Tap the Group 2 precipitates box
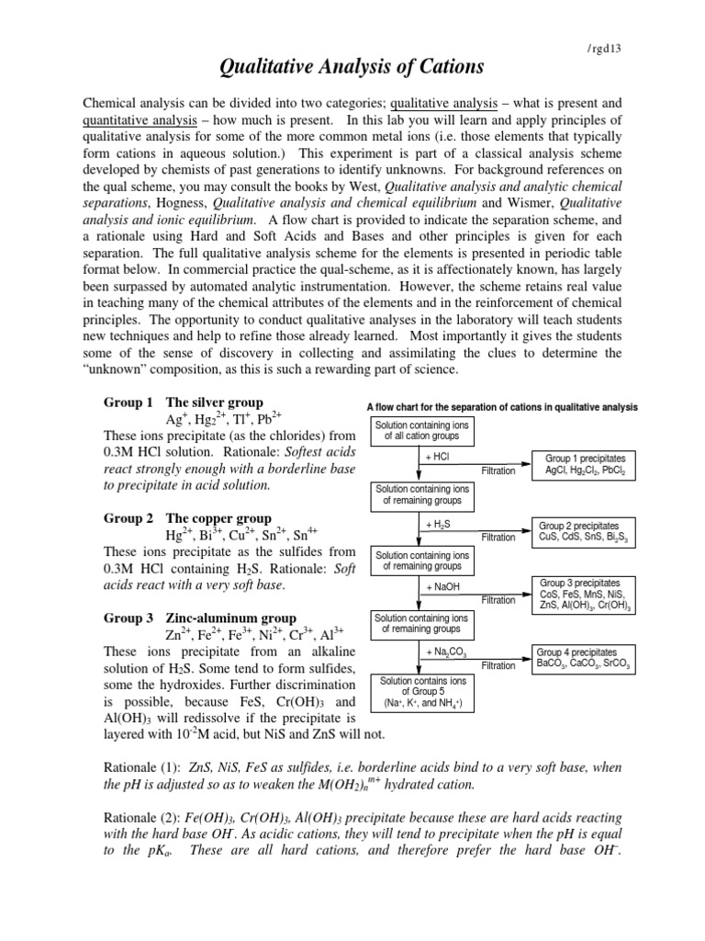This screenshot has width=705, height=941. pos(585,531)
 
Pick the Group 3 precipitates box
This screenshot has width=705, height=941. pos(585,594)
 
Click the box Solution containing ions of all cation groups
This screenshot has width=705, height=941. pos(423,431)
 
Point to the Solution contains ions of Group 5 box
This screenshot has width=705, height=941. pos(423,692)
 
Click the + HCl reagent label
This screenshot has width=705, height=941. pos(437,458)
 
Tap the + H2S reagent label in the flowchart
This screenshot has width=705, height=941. pos(437,524)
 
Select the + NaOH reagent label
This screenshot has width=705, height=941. pos(442,587)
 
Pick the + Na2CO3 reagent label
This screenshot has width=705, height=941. pos(443,652)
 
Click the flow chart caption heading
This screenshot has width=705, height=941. pos(502,407)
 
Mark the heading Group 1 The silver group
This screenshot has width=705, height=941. pos(184,402)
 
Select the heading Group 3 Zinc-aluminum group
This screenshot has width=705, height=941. pos(200,618)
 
